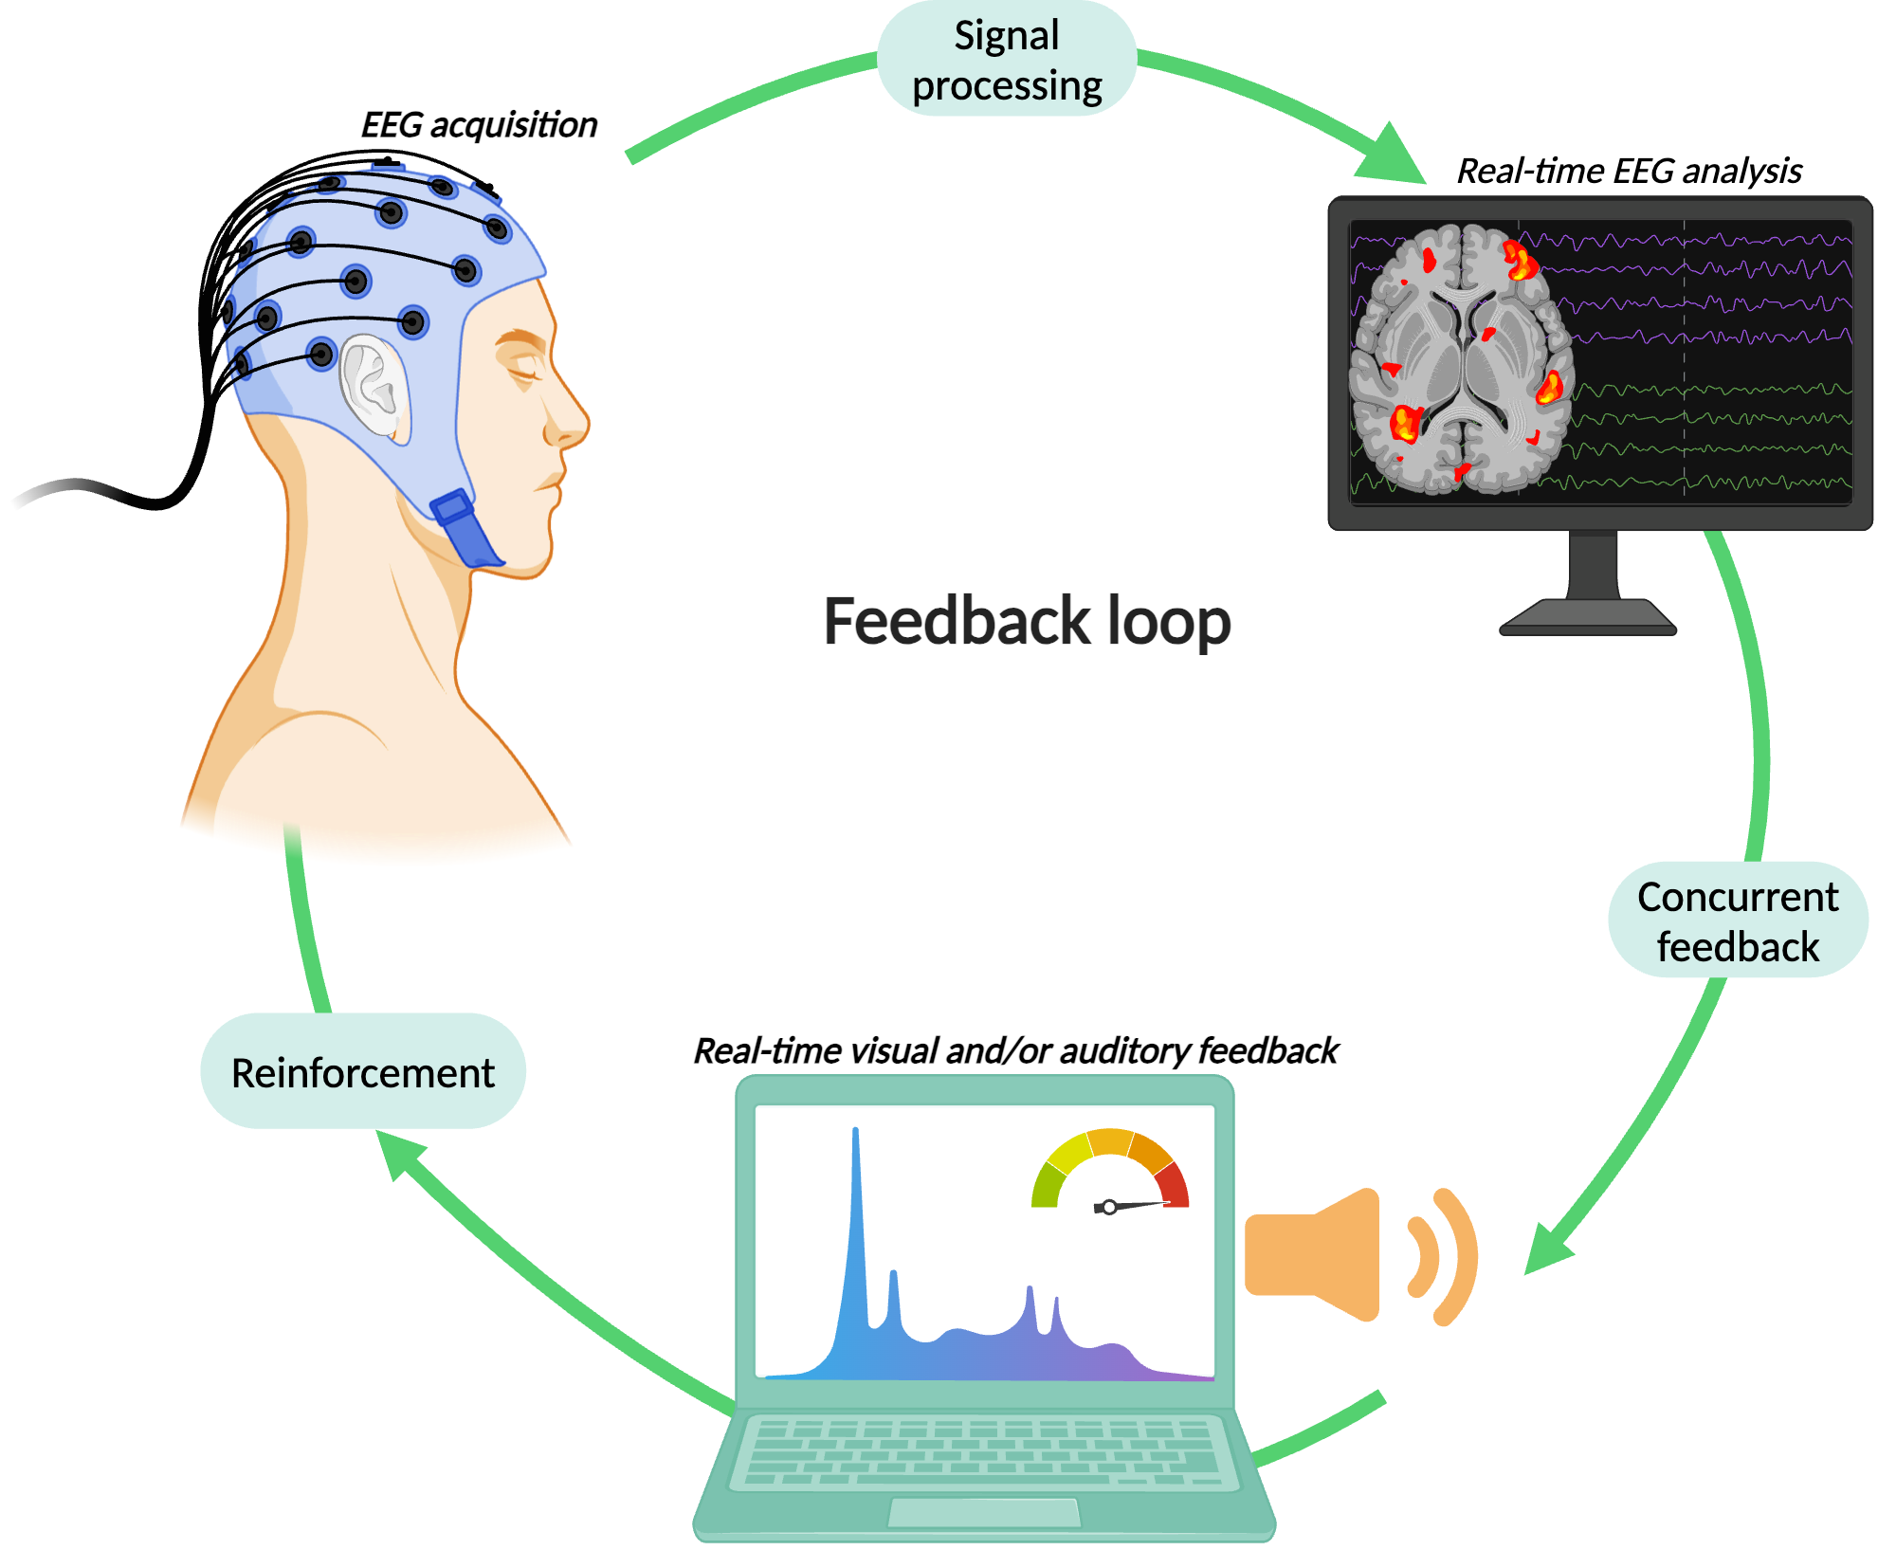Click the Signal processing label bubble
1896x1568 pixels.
[1007, 59]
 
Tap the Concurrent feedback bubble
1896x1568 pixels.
[1738, 920]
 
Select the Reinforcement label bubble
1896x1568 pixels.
[363, 1071]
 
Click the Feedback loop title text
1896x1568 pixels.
[1027, 621]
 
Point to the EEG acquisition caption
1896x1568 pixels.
[479, 125]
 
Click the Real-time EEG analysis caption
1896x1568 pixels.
[1629, 171]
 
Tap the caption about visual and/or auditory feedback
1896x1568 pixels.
[1015, 1050]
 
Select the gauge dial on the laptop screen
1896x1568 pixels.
[1110, 1172]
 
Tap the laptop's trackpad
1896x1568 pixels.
[984, 1513]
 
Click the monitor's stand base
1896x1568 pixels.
[1588, 617]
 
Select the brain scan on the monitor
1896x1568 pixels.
[1460, 359]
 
